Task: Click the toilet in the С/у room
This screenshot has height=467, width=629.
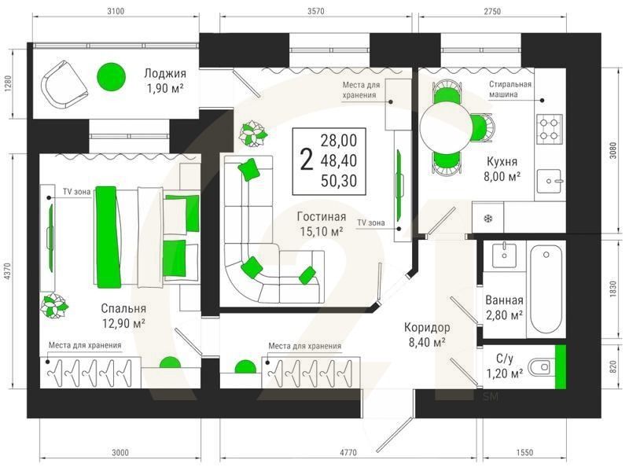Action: click(539, 367)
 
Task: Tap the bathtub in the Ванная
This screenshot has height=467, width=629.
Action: click(546, 289)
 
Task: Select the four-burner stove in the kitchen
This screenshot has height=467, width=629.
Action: click(549, 129)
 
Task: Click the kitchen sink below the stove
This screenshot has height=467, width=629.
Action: click(549, 181)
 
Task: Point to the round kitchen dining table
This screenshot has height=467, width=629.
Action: click(446, 127)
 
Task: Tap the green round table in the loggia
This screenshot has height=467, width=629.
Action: click(111, 76)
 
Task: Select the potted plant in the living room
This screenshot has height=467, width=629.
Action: click(253, 134)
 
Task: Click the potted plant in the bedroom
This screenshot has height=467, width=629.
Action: click(54, 306)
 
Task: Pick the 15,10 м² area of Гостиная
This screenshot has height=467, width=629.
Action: click(322, 231)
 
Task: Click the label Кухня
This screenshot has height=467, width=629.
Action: click(502, 162)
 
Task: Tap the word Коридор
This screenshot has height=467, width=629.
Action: click(427, 327)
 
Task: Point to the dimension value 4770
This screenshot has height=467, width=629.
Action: click(348, 453)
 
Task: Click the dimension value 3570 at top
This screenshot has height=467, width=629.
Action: click(316, 11)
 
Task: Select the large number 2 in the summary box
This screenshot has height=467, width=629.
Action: click(307, 160)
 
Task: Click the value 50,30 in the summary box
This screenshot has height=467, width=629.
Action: click(339, 181)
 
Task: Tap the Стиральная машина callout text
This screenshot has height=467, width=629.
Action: click(509, 89)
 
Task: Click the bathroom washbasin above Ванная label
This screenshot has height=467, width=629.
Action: click(504, 255)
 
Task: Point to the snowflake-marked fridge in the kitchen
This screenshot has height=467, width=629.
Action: click(487, 218)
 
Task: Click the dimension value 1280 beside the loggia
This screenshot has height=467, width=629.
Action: click(9, 85)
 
